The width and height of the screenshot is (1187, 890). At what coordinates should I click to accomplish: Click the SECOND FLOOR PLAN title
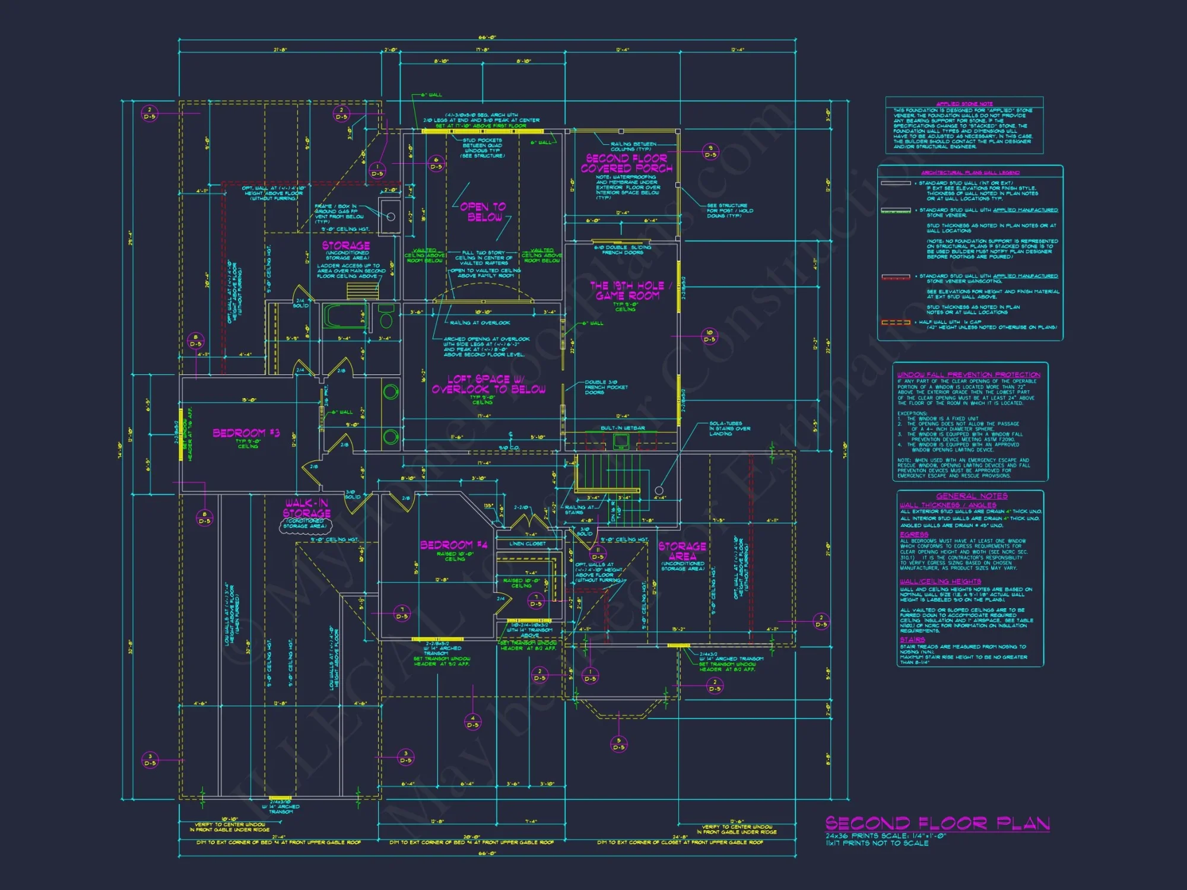(x=937, y=824)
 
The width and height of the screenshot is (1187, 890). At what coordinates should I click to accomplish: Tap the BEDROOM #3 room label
(x=246, y=433)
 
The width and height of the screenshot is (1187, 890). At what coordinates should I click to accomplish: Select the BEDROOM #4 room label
(x=454, y=545)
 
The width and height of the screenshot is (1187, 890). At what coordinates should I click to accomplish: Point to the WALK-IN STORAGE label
(x=306, y=508)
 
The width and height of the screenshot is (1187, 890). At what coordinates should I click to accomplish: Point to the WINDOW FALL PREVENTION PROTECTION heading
(x=969, y=375)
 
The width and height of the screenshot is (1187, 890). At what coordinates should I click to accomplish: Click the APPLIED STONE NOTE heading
(x=964, y=104)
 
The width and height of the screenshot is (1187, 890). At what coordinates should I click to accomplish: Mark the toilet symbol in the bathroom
(x=386, y=317)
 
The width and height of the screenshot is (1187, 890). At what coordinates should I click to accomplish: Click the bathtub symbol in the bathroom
(x=344, y=316)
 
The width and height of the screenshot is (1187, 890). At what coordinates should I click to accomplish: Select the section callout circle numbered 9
(x=710, y=151)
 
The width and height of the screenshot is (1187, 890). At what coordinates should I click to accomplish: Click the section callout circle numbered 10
(x=710, y=336)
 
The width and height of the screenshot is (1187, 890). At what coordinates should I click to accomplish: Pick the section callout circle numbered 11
(x=598, y=554)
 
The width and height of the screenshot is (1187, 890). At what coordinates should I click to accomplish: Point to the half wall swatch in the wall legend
(x=896, y=323)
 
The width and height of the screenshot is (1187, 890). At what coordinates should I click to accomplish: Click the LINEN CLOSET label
(x=527, y=543)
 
